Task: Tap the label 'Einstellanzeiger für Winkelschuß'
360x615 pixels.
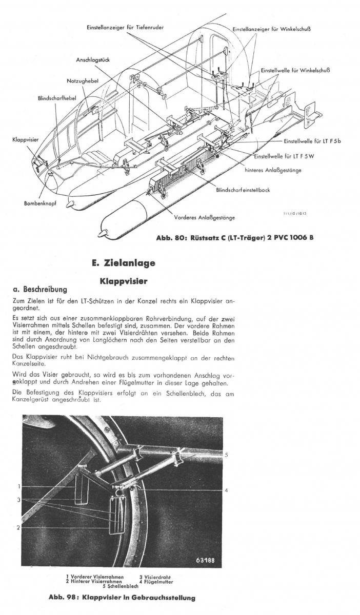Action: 272,29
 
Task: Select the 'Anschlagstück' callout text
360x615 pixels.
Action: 93,59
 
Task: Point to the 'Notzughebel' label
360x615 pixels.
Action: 83,81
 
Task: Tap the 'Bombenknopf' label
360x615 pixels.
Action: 40,203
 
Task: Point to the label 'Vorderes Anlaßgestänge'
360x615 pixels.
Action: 204,217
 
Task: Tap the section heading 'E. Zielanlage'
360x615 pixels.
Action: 123,263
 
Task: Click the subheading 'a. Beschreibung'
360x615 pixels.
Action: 39,290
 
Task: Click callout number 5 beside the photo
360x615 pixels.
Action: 226,455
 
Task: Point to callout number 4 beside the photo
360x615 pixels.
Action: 226,490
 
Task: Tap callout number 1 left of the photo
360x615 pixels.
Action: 19,486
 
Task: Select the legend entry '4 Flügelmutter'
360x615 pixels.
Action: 156,582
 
